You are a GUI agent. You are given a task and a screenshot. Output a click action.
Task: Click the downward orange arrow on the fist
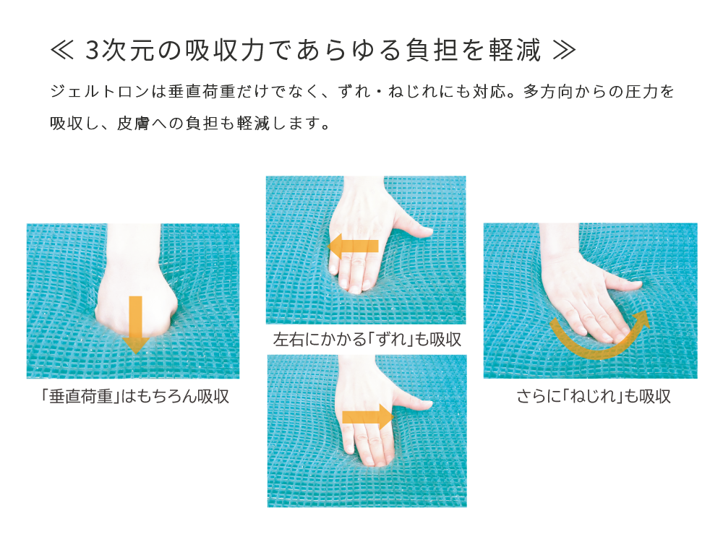pos(136,324)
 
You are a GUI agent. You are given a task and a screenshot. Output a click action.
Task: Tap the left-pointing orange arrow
pos(354,246)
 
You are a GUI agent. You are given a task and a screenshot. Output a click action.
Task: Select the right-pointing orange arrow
pos(368,417)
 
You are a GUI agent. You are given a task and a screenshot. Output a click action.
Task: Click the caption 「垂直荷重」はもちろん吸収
pos(134,396)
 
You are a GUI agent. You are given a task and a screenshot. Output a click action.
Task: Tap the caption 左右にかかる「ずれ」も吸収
pos(367,340)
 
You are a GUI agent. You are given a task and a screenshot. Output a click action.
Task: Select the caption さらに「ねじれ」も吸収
pos(594,396)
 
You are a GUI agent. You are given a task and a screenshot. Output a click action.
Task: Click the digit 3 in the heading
pos(93,51)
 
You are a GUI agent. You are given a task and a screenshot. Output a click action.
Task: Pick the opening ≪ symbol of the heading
pos(61,51)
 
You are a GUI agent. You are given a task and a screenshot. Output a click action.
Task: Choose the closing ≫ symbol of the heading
pos(564,51)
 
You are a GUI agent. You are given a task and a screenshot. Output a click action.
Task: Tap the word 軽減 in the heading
pos(515,51)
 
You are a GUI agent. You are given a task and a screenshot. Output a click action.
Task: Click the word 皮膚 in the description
pos(134,123)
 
